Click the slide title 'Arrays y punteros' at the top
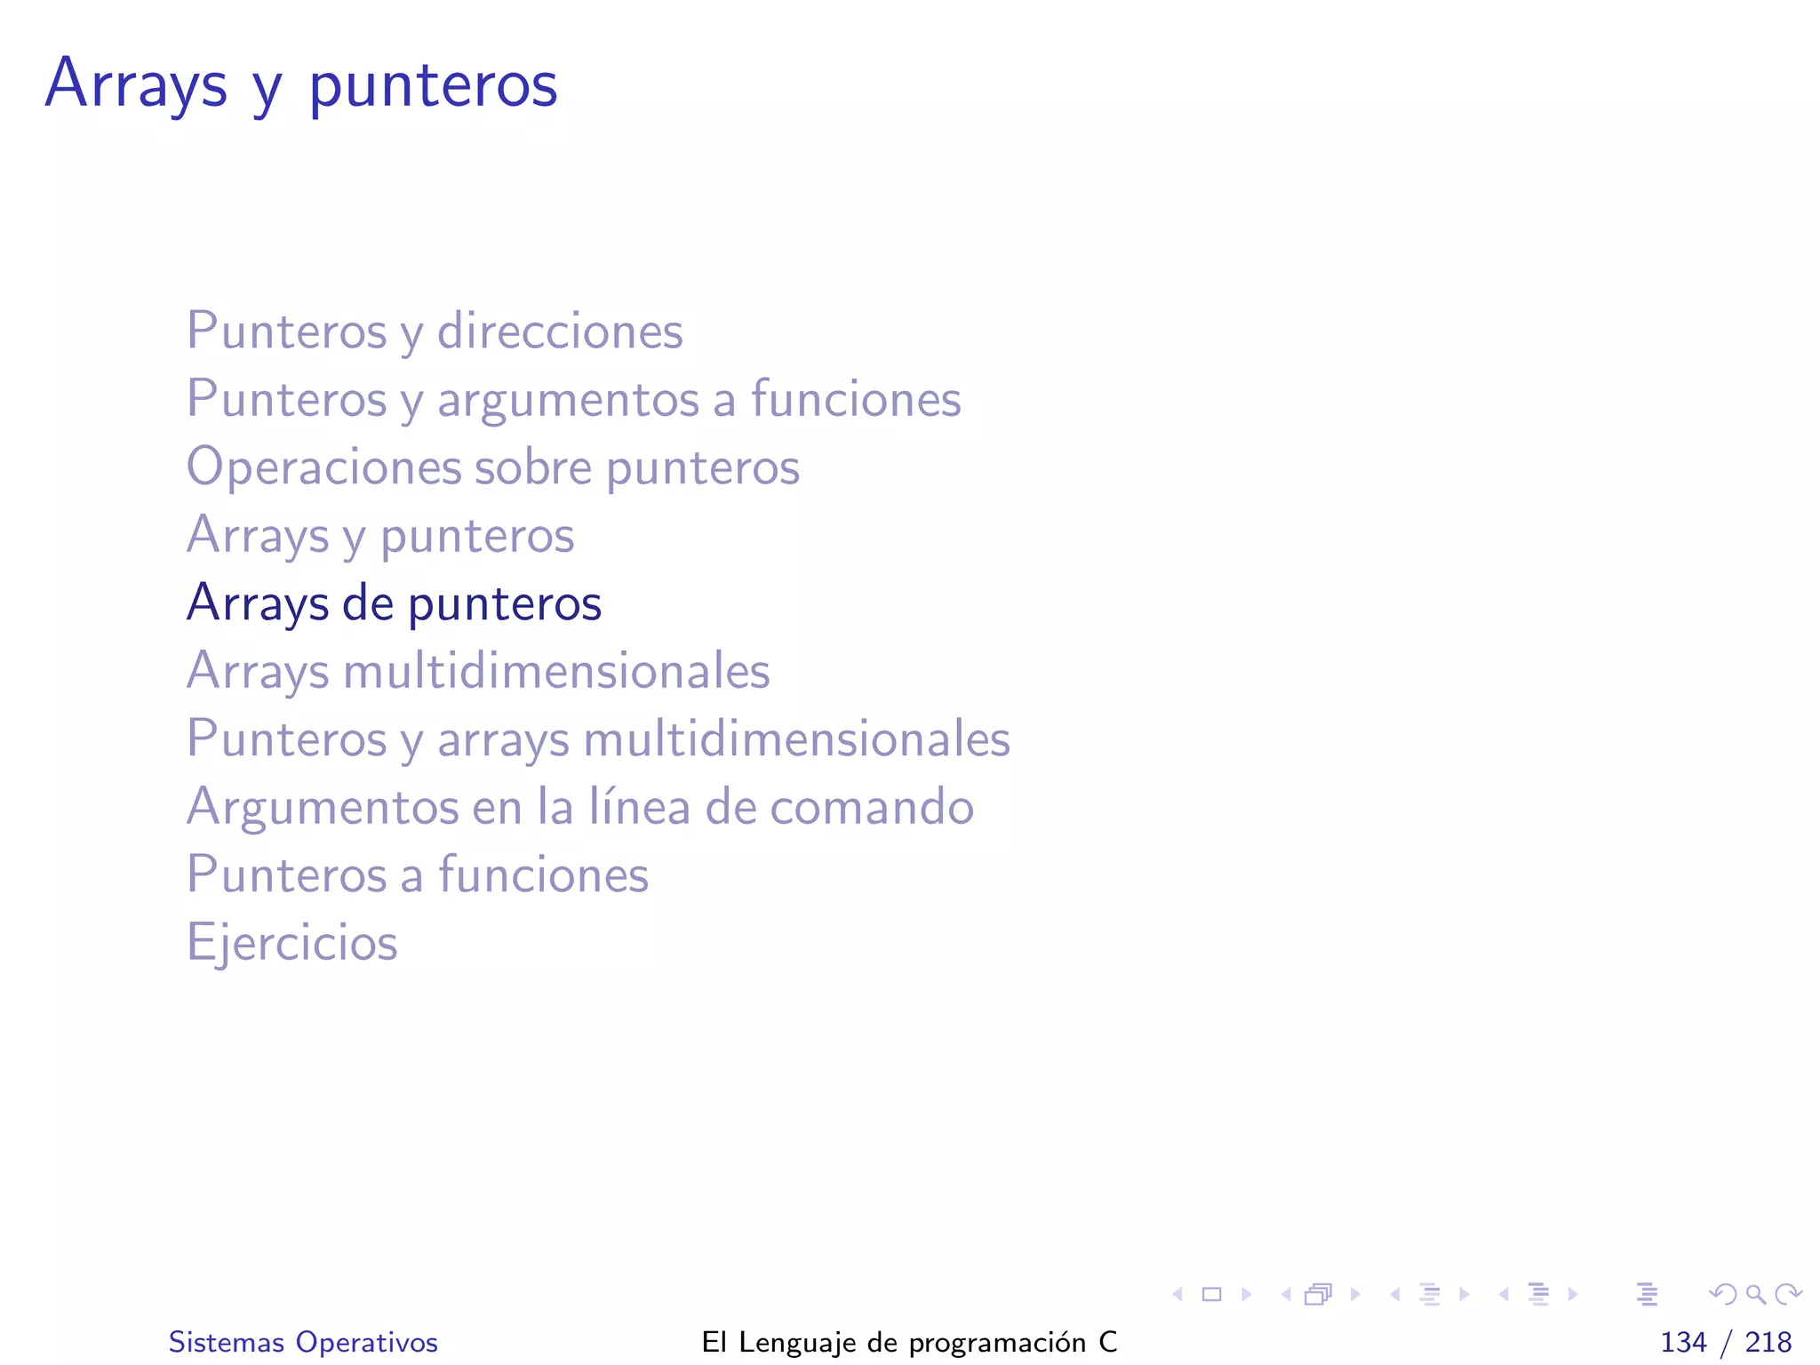pos(301,84)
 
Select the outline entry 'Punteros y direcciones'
pos(435,331)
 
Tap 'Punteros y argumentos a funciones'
pos(573,399)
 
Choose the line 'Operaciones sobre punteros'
pos(492,467)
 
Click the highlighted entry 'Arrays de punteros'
pos(394,603)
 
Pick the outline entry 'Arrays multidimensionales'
pos(478,671)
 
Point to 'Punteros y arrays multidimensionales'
pos(598,739)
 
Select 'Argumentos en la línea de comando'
pos(579,807)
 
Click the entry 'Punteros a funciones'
pos(418,875)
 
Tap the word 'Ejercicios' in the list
pos(291,943)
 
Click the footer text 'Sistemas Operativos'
pos(303,1342)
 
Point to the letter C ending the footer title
pos(1107,1342)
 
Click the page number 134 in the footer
pos(1683,1342)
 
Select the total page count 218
pos(1768,1342)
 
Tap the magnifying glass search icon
pos(1755,1294)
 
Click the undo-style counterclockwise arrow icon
pos(1722,1294)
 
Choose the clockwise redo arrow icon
pos(1788,1294)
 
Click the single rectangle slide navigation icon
pos(1211,1294)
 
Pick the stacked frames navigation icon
pos(1319,1294)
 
